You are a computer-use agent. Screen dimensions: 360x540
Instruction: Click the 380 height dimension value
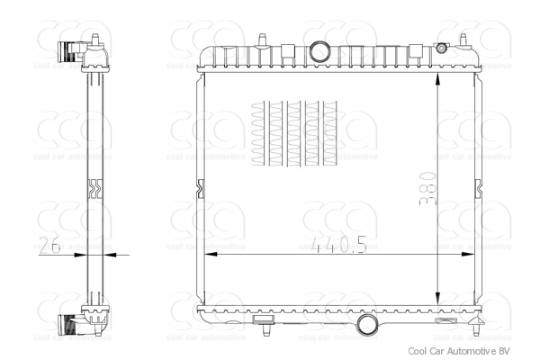click(x=427, y=190)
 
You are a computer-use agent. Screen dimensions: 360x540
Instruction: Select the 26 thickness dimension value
click(x=51, y=245)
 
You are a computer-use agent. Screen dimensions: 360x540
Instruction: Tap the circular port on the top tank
click(x=318, y=52)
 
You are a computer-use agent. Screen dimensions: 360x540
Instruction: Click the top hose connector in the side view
click(x=72, y=52)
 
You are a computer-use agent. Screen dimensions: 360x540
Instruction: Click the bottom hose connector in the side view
click(x=72, y=324)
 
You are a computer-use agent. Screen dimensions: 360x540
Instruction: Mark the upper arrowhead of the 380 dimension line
click(x=437, y=80)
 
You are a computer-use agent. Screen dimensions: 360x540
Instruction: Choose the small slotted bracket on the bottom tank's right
click(x=444, y=320)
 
